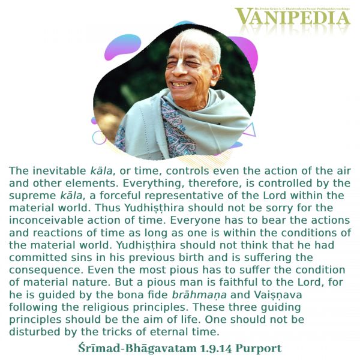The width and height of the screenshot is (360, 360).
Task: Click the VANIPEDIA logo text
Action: click(292, 17)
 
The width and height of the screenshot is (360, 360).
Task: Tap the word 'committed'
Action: click(38, 257)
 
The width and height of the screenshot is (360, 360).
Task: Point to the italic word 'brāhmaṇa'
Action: click(199, 295)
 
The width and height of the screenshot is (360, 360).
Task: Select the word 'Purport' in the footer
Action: click(259, 349)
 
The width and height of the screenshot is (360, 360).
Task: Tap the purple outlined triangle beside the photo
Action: click(250, 130)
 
